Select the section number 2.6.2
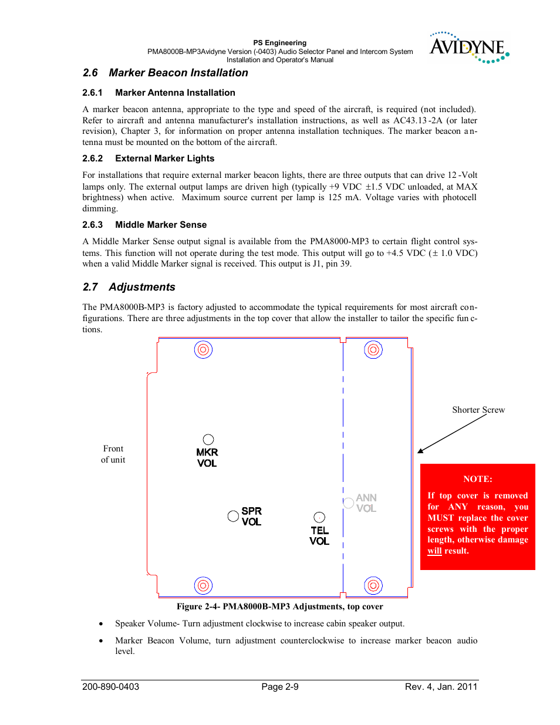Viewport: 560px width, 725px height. click(x=92, y=159)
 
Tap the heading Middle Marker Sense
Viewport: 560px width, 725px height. click(x=161, y=225)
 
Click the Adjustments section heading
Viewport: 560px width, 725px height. click(x=141, y=287)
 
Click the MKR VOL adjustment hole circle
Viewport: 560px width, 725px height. click(x=208, y=440)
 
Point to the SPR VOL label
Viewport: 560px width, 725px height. click(x=251, y=517)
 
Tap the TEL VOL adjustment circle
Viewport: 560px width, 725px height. click(x=319, y=517)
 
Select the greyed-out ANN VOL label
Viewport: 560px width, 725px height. click(x=366, y=503)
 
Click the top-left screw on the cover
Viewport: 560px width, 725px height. click(x=203, y=350)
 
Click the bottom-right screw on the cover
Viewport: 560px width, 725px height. click(x=373, y=585)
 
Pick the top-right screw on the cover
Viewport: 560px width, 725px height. click(x=373, y=350)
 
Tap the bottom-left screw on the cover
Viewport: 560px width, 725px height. click(x=203, y=585)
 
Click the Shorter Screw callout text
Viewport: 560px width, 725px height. click(x=478, y=410)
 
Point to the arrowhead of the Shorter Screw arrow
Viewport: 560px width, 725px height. click(x=420, y=451)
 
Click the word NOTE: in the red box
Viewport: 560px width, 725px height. click(x=477, y=479)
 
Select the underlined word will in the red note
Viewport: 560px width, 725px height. click(x=434, y=551)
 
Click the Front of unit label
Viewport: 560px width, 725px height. click(x=113, y=454)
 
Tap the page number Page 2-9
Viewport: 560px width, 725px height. click(x=280, y=687)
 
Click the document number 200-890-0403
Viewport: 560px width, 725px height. click(x=111, y=687)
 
